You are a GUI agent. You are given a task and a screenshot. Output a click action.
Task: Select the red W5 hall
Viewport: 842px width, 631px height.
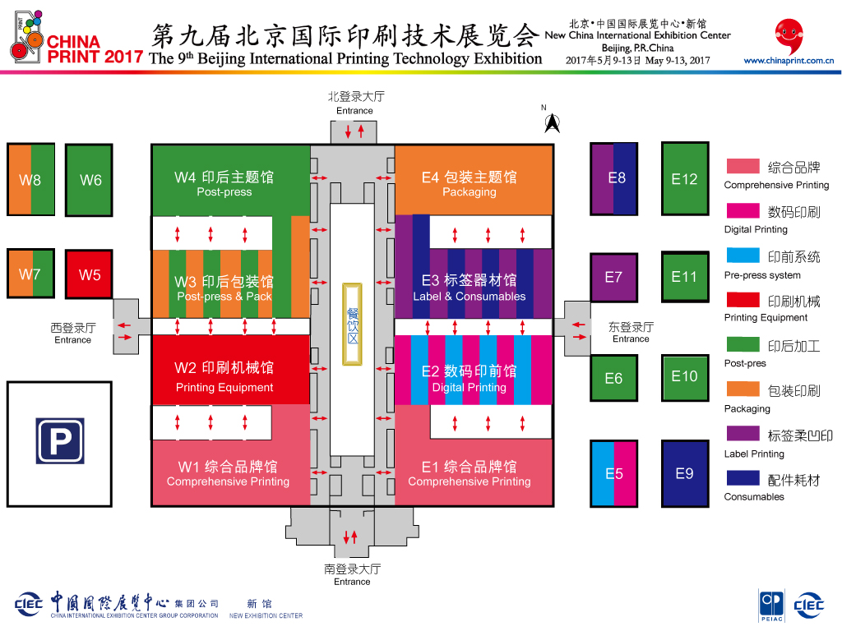[89, 275]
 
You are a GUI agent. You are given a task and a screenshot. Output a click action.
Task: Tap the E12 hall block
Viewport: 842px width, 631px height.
[684, 179]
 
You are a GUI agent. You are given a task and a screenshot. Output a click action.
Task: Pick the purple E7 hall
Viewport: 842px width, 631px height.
[613, 277]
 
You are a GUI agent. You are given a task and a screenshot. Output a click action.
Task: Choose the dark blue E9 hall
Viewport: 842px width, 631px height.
[684, 473]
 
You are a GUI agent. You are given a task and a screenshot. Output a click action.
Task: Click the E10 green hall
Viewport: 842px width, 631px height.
[684, 376]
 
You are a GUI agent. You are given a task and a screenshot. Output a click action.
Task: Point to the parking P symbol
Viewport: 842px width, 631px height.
[59, 441]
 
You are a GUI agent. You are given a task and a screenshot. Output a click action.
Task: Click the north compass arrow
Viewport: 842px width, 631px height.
[552, 123]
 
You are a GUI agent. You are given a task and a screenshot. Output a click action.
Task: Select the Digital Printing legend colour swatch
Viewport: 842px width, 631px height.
[742, 211]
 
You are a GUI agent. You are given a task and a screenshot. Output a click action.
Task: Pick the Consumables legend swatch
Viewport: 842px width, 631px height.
[742, 477]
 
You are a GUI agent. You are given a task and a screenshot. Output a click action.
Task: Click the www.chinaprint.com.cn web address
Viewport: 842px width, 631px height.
[789, 60]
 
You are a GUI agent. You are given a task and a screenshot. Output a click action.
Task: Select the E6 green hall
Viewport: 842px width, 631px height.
[613, 379]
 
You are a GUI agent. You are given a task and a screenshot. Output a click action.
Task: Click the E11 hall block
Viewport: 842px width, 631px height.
[684, 277]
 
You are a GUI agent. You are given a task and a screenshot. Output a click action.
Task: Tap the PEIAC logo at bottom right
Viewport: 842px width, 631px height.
[771, 604]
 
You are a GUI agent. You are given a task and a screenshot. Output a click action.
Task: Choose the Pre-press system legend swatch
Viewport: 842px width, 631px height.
[742, 256]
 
